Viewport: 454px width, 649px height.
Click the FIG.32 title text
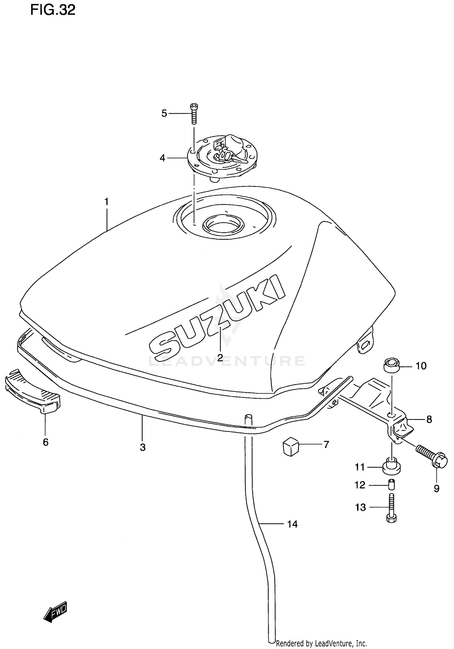pyautogui.click(x=53, y=10)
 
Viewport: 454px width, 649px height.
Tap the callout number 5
pyautogui.click(x=164, y=113)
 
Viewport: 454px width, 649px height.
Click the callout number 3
pyautogui.click(x=143, y=447)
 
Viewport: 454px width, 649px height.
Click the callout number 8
pyautogui.click(x=429, y=419)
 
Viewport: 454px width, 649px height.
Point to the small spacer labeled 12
pyautogui.click(x=392, y=485)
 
